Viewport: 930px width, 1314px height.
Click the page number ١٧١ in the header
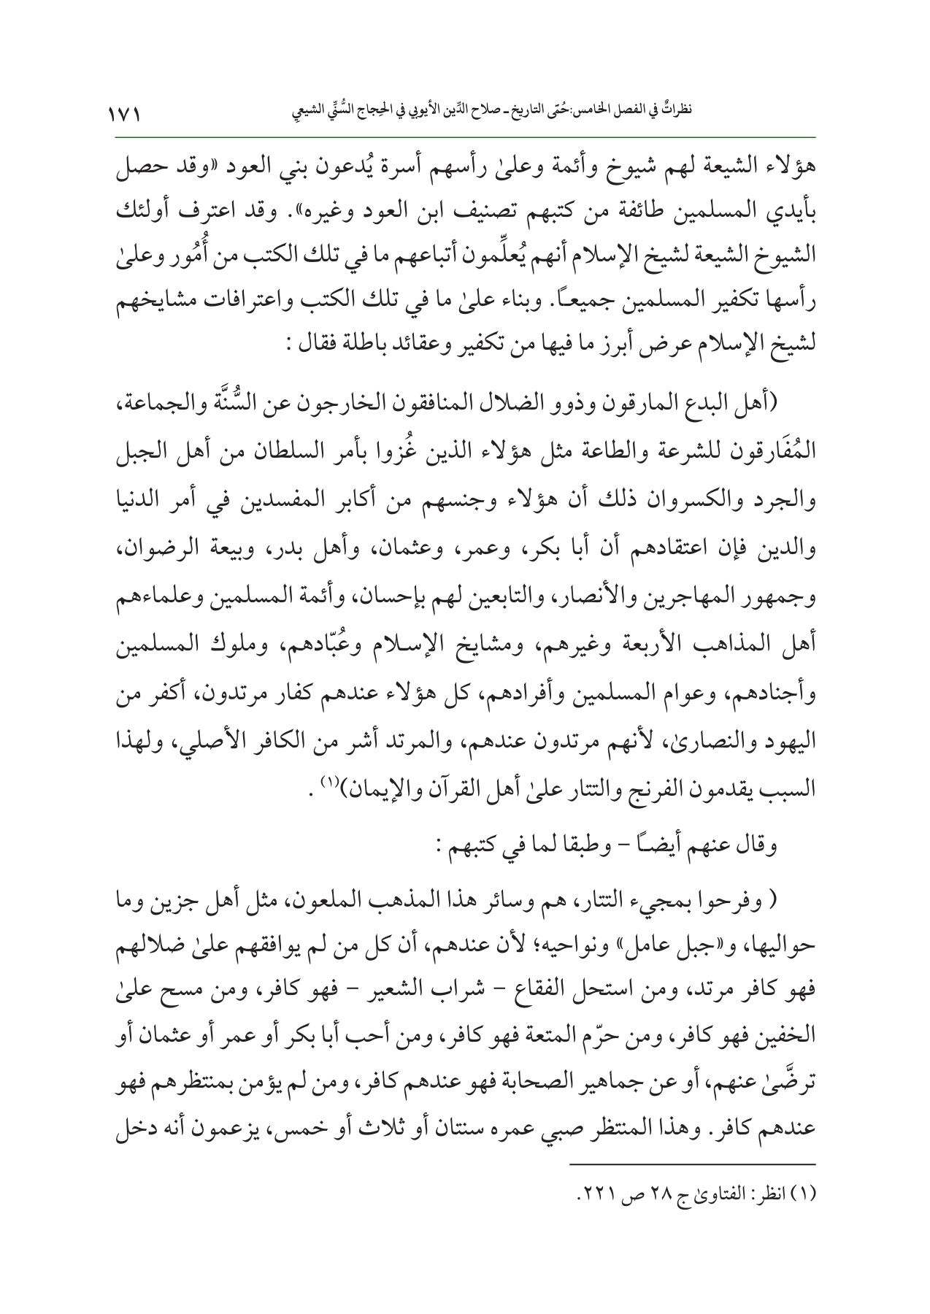(x=123, y=114)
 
